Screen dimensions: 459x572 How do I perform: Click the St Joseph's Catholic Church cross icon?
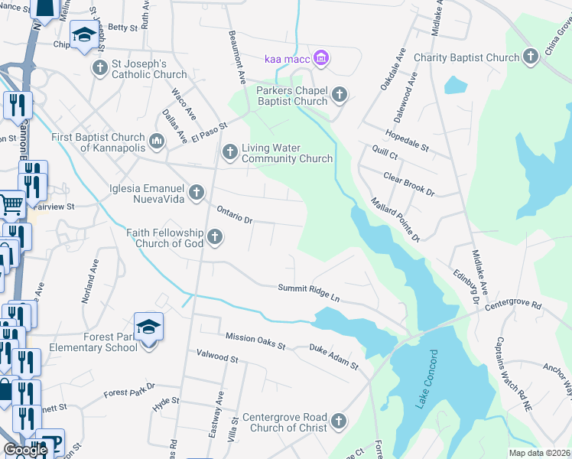99,68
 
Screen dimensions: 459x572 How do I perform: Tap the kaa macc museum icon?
321,57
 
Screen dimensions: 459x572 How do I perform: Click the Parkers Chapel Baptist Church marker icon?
340,95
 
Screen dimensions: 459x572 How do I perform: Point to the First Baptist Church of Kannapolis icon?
158,141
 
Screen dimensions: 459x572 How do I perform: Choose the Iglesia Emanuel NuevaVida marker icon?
197,192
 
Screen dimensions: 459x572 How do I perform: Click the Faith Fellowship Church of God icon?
215,237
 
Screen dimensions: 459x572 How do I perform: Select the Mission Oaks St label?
255,341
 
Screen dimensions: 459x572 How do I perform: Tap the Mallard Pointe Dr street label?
396,219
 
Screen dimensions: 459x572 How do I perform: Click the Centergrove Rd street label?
513,305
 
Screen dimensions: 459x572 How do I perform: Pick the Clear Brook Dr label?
408,184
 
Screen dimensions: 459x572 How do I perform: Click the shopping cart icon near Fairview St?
11,203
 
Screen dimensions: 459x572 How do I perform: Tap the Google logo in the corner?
25,450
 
